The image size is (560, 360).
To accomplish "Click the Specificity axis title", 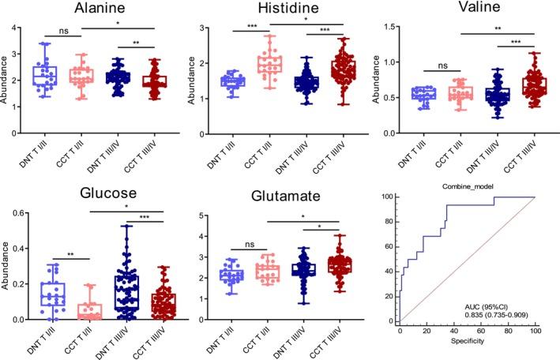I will tap(468, 344).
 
